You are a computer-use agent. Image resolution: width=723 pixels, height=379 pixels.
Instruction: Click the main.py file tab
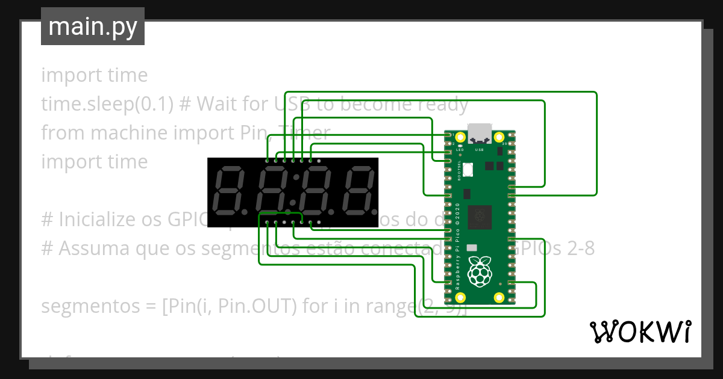tap(92, 26)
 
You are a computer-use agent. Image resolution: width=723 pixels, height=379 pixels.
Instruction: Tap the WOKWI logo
tap(639, 331)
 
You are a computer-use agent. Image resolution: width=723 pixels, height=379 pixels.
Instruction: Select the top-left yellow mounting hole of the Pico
tap(461, 138)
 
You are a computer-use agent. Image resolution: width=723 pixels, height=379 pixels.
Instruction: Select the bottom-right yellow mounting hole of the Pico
tap(499, 297)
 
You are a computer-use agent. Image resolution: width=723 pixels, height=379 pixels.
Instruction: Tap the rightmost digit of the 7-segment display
tap(355, 191)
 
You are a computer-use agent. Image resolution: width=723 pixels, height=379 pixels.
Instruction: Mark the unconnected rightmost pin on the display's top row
tap(319, 161)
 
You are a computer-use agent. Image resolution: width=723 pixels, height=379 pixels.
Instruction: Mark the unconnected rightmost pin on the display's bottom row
tap(319, 223)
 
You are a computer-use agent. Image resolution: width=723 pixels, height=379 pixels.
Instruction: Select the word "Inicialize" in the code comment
tap(99, 220)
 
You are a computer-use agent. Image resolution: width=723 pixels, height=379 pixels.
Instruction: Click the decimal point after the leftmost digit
tap(244, 212)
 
